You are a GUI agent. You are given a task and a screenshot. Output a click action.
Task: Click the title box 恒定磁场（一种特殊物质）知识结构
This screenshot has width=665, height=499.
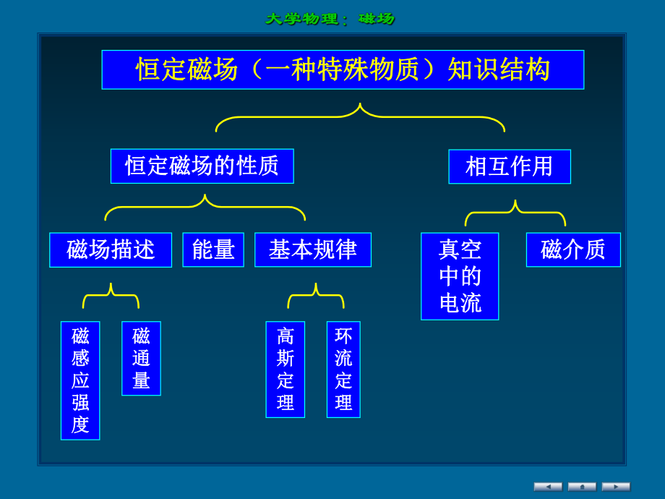343,69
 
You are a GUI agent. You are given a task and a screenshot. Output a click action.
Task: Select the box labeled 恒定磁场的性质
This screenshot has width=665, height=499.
202,166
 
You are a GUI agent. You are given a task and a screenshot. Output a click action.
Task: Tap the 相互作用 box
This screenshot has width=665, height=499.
509,166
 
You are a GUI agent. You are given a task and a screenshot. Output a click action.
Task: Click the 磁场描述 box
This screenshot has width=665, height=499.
111,249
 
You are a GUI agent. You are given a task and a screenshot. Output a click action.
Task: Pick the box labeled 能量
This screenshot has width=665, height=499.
213,249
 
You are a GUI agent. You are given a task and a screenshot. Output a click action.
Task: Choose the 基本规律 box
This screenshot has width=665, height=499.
312,249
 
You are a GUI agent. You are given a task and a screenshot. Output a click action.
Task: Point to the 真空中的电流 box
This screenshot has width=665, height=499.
460,276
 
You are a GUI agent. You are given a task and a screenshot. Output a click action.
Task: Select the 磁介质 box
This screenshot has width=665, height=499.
572,249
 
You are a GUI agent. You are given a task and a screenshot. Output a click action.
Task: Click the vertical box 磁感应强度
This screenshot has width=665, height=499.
80,380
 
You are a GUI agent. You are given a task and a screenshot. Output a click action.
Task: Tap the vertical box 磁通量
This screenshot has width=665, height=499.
141,358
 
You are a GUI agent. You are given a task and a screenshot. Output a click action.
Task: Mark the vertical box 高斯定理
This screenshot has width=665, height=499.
285,369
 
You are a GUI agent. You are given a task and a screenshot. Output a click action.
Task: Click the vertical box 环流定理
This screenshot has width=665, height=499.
343,369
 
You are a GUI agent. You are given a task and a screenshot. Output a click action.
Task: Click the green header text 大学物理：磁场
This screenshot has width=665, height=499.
330,19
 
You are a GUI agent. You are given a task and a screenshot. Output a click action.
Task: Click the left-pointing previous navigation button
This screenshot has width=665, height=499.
548,487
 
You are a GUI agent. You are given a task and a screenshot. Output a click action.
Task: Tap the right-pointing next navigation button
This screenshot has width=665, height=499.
616,487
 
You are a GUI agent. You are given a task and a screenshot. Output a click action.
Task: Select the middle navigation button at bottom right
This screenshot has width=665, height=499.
582,487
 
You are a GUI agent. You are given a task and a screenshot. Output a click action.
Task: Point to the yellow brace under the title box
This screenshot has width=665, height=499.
360,116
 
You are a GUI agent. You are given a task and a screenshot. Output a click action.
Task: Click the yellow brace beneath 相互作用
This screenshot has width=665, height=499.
515,213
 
